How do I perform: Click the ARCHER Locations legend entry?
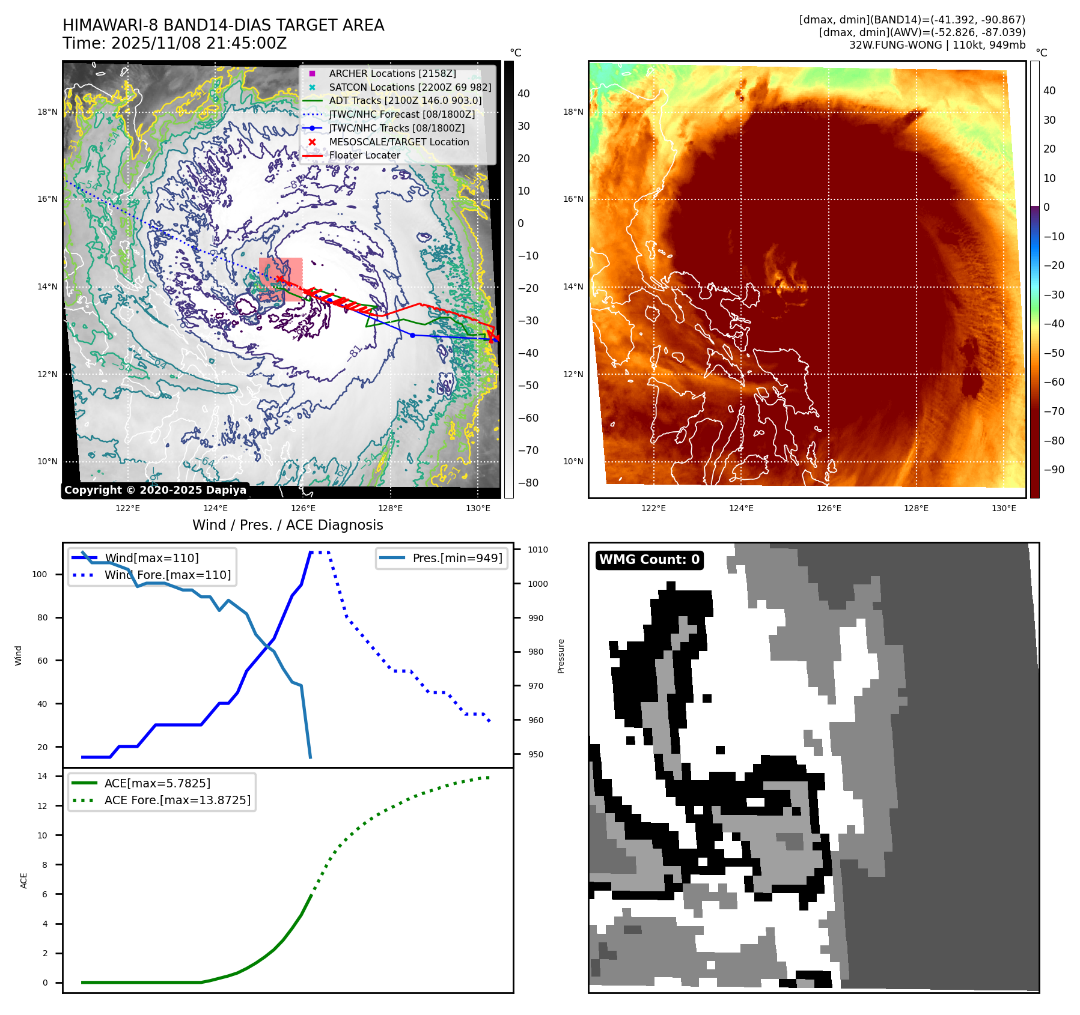[392, 73]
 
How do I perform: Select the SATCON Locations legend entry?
[410, 87]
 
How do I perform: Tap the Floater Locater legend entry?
[364, 155]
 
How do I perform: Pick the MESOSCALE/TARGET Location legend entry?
[398, 142]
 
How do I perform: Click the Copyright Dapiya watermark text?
[155, 490]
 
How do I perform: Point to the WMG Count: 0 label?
[649, 560]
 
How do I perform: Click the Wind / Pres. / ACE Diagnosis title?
[287, 525]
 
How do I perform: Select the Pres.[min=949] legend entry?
[457, 558]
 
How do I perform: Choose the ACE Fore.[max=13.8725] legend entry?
[177, 800]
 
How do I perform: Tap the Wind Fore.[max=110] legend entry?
[167, 575]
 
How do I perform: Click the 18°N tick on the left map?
[47, 112]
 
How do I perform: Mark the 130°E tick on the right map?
[1004, 508]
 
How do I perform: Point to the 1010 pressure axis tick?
[537, 550]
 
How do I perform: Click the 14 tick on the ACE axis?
[43, 776]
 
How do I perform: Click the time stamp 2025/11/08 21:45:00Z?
[199, 43]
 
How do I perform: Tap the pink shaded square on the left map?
[281, 279]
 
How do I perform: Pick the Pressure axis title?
[561, 656]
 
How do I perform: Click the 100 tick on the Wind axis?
[40, 574]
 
